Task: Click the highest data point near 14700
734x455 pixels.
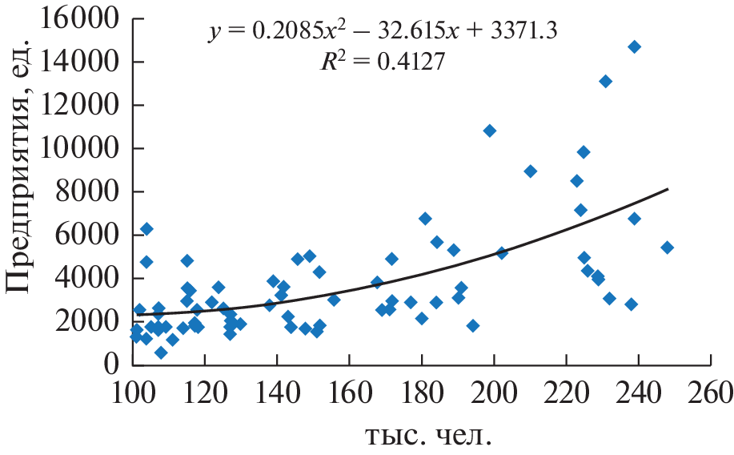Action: click(634, 46)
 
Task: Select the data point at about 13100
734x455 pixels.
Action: click(605, 81)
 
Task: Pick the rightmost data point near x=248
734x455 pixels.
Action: click(667, 248)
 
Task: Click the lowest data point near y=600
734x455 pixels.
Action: click(161, 352)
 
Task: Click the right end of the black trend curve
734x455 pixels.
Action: click(668, 189)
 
